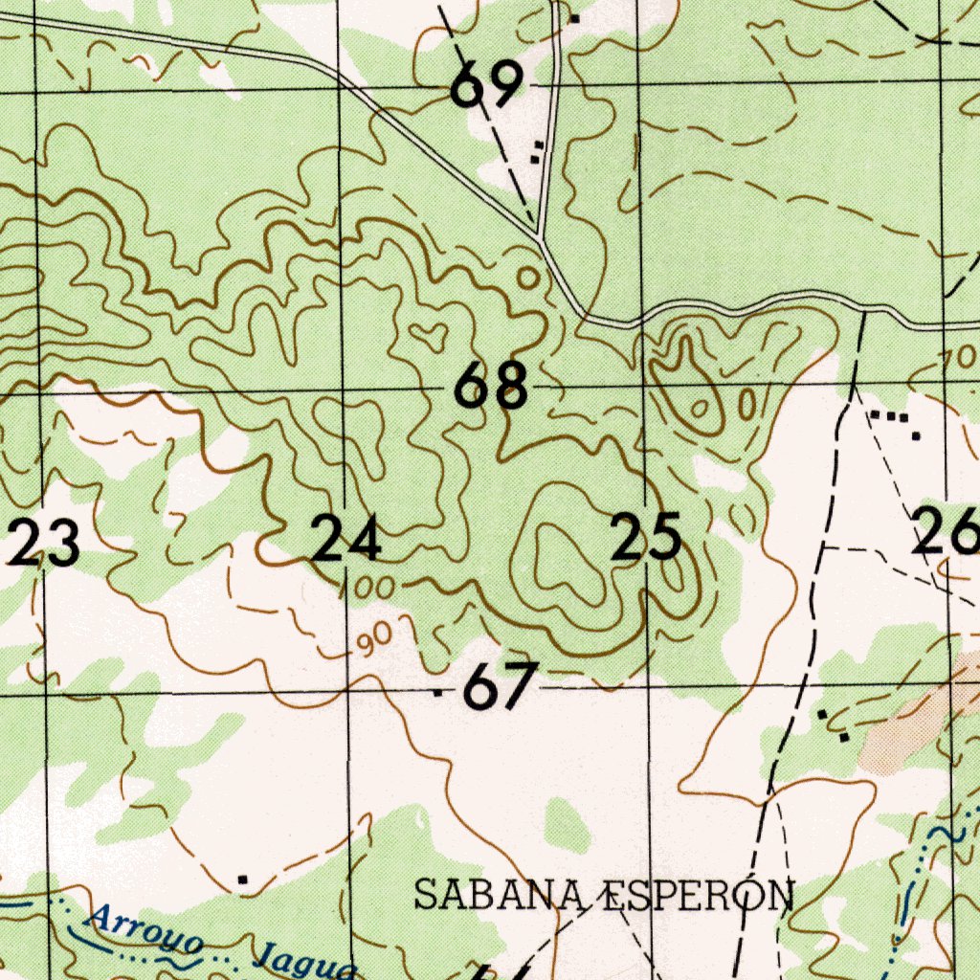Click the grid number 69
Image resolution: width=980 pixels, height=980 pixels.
(487, 85)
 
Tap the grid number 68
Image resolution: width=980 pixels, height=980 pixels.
(491, 386)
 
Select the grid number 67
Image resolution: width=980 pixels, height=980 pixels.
(499, 688)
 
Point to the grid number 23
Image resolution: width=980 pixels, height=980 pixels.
(45, 545)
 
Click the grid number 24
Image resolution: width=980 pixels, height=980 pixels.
(347, 539)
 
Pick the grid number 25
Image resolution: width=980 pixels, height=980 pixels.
(648, 537)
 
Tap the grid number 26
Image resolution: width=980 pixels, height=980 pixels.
(946, 532)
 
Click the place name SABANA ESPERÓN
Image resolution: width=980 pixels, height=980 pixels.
(604, 896)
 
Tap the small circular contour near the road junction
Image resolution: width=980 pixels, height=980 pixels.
(527, 278)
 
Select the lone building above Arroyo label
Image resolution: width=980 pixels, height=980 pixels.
(243, 879)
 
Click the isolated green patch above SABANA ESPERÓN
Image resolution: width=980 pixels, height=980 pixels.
(568, 825)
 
